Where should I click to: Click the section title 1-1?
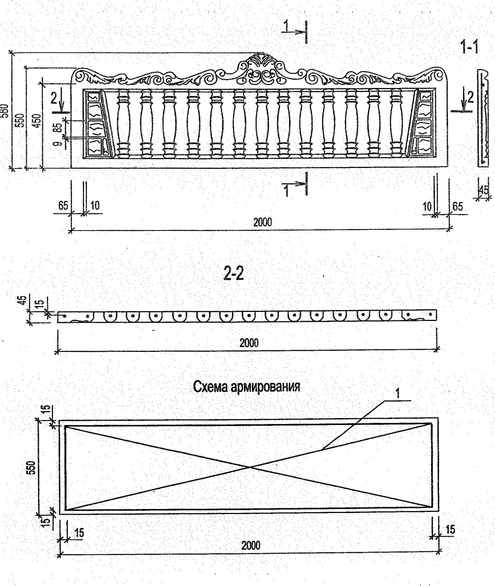click(x=470, y=47)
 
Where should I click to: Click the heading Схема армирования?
click(x=247, y=386)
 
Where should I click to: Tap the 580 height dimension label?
click(x=5, y=111)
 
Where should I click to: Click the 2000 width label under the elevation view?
click(x=262, y=222)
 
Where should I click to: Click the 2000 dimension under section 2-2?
click(x=249, y=343)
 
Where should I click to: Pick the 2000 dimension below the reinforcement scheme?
click(x=251, y=545)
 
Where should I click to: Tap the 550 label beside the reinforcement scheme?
click(x=32, y=467)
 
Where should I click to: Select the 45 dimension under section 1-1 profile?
click(x=484, y=190)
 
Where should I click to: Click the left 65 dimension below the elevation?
click(x=63, y=206)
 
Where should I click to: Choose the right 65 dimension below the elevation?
click(x=458, y=206)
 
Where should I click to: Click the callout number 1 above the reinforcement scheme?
click(x=398, y=393)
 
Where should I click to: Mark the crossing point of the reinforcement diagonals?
click(x=250, y=467)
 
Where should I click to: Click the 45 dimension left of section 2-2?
click(x=23, y=301)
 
